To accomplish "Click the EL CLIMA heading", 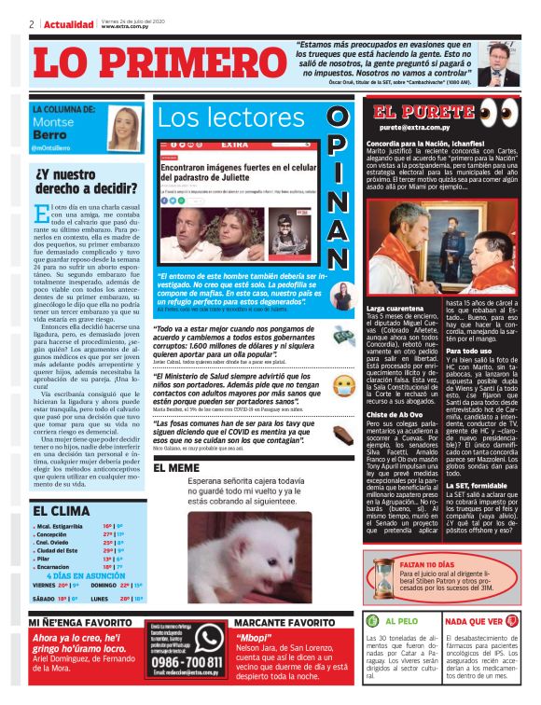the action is coord(62,511).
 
